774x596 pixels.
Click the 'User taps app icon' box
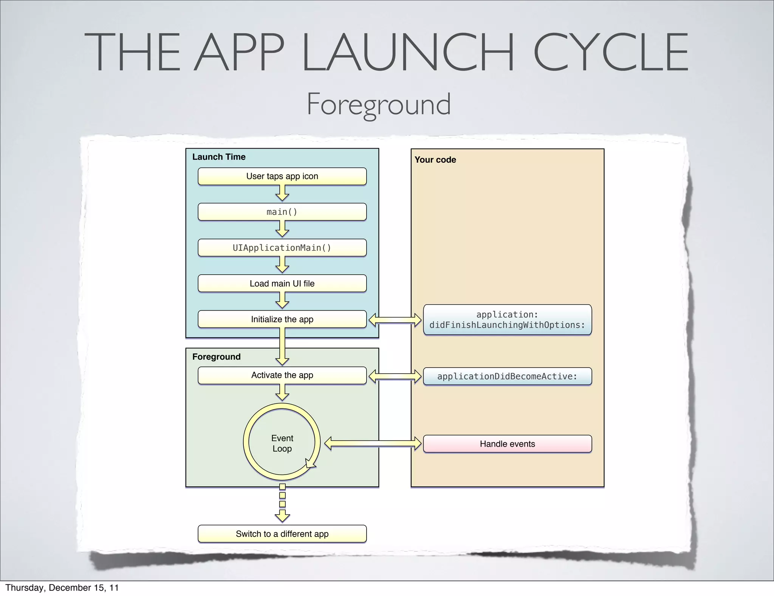click(x=282, y=176)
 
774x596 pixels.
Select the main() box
click(x=282, y=212)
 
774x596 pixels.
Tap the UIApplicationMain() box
click(x=282, y=248)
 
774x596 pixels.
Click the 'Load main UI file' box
click(x=282, y=283)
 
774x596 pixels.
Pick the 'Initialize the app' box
click(x=282, y=319)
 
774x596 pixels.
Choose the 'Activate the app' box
click(x=282, y=375)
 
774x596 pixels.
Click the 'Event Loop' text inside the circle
click(x=282, y=443)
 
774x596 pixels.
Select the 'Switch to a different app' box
click(x=282, y=534)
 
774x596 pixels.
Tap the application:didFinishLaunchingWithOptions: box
click(x=507, y=320)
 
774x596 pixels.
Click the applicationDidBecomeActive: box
click(x=507, y=376)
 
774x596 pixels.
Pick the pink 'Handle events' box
click(x=507, y=444)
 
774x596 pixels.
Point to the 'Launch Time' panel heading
click(x=219, y=157)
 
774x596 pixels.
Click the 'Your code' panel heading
click(x=435, y=160)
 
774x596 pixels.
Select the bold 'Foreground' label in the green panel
click(x=216, y=357)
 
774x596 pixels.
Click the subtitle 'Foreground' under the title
click(x=378, y=104)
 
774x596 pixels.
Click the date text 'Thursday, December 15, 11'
click(x=62, y=587)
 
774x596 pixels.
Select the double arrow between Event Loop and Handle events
click(x=373, y=444)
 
